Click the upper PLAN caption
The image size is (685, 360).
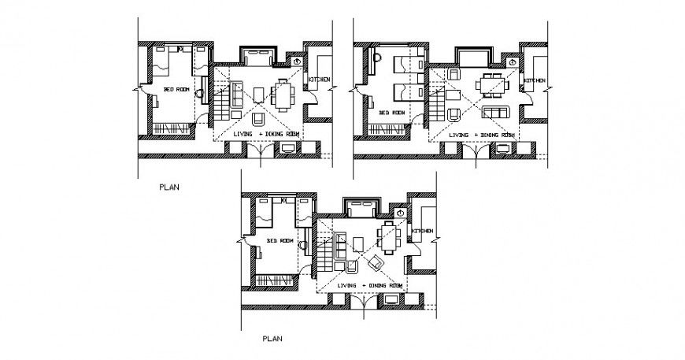pyautogui.click(x=169, y=187)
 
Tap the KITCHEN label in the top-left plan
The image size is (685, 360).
pyautogui.click(x=319, y=80)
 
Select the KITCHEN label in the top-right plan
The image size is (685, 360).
pyautogui.click(x=535, y=81)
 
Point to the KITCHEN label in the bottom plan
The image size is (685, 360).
pyautogui.click(x=421, y=231)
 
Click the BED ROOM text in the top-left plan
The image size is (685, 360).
pyautogui.click(x=176, y=90)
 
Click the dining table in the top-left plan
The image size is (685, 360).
pyautogui.click(x=282, y=95)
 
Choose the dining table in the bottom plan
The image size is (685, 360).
pyautogui.click(x=387, y=235)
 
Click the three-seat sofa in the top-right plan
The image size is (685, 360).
pyautogui.click(x=498, y=113)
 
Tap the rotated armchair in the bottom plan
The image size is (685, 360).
pyautogui.click(x=376, y=262)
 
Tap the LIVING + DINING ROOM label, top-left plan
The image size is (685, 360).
pyautogui.click(x=267, y=134)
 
